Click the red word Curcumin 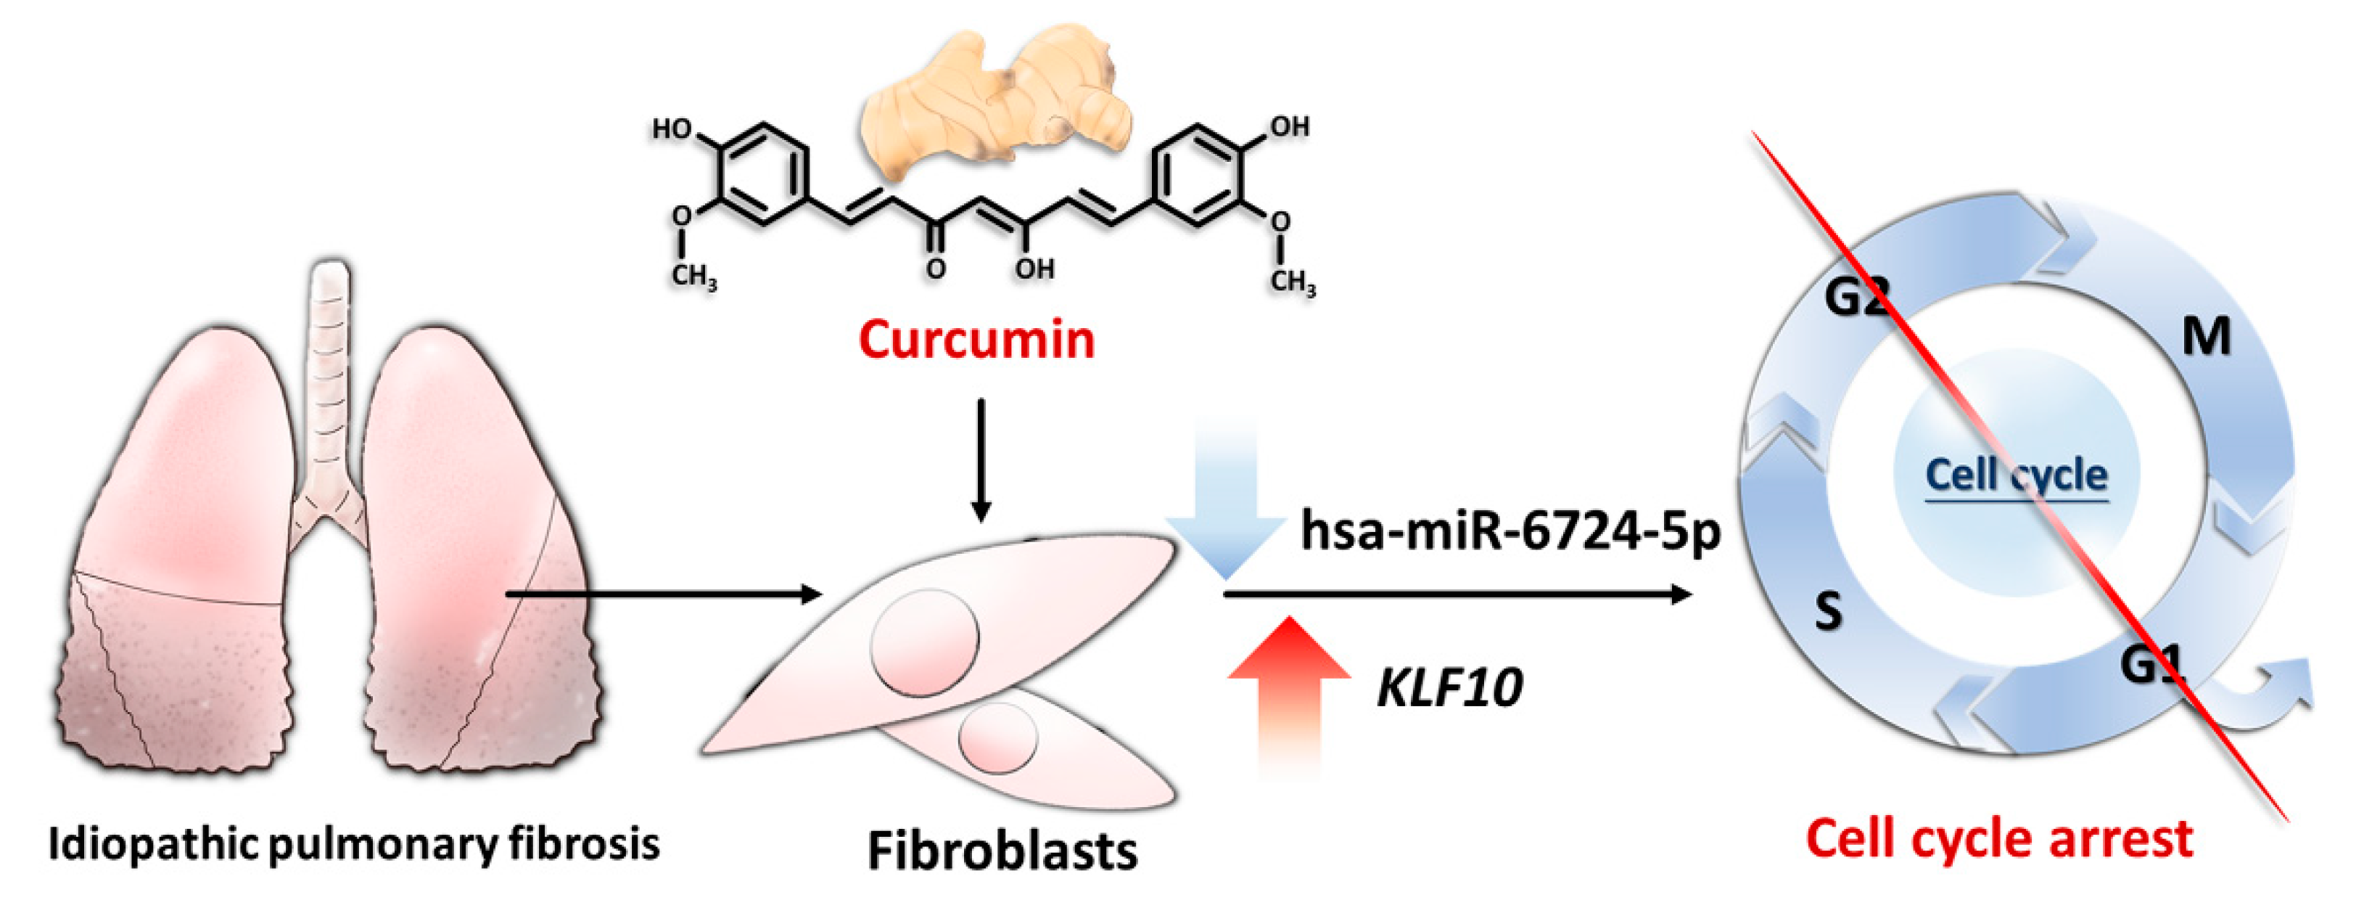click(976, 340)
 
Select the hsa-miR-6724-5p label click(1510, 531)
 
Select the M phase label click(2205, 337)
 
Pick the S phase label click(1828, 610)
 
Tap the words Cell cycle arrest click(1998, 838)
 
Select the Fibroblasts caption click(1002, 850)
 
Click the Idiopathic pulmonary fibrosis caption click(353, 843)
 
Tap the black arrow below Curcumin click(981, 459)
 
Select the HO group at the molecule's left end click(672, 129)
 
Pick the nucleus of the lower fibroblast click(998, 737)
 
